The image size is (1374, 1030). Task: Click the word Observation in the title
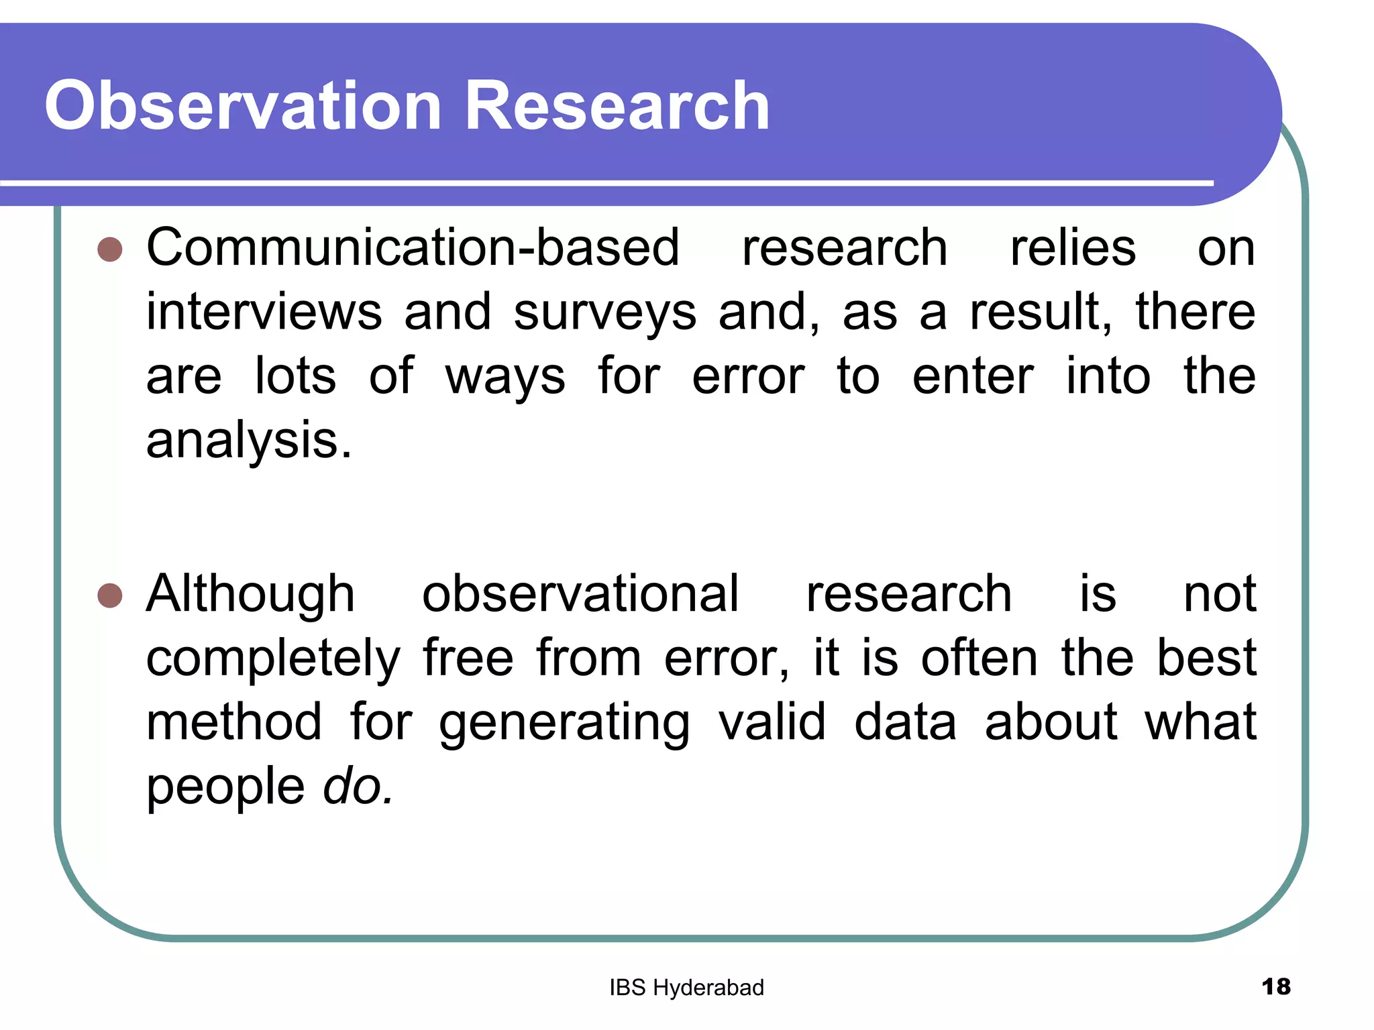[243, 105]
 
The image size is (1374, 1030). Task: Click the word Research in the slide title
[617, 105]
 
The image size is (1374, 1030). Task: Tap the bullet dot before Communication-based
[110, 249]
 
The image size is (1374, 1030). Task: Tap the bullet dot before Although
[110, 595]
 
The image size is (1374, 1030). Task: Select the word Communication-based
[413, 248]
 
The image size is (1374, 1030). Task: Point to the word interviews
[264, 312]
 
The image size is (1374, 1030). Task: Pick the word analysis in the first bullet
[248, 443]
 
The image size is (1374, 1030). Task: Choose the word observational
[580, 594]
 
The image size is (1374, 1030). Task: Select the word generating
[564, 724]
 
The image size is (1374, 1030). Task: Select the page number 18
[1275, 986]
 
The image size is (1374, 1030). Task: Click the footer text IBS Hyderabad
[686, 988]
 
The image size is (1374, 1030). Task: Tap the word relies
[1073, 248]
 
